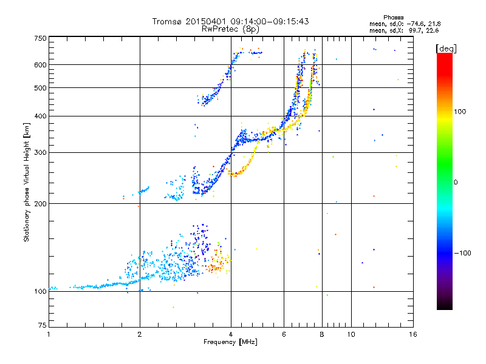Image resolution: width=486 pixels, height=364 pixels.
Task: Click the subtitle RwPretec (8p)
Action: (230, 29)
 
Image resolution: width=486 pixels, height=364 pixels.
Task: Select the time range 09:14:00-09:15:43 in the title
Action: (269, 21)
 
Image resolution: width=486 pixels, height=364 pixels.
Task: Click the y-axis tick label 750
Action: (40, 38)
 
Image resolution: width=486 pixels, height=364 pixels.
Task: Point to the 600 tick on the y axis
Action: (40, 65)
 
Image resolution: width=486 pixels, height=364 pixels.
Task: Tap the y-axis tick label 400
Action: (40, 116)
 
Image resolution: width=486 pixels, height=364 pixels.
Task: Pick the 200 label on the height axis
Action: (40, 204)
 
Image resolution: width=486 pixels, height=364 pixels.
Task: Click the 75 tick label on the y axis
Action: (43, 325)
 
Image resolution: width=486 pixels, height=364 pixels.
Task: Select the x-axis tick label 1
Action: (49, 334)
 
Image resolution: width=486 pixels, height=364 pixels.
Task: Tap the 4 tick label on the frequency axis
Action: (231, 334)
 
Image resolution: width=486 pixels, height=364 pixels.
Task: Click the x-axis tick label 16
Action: (413, 334)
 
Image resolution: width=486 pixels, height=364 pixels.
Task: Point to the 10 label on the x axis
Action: (351, 334)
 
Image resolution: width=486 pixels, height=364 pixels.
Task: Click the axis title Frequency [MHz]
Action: (230, 342)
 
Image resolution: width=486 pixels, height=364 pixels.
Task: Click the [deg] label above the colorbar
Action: (446, 49)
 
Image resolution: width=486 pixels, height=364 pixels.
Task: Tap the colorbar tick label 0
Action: (456, 183)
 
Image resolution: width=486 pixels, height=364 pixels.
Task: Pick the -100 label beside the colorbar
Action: (462, 253)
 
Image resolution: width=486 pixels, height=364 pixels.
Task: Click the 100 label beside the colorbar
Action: (460, 112)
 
